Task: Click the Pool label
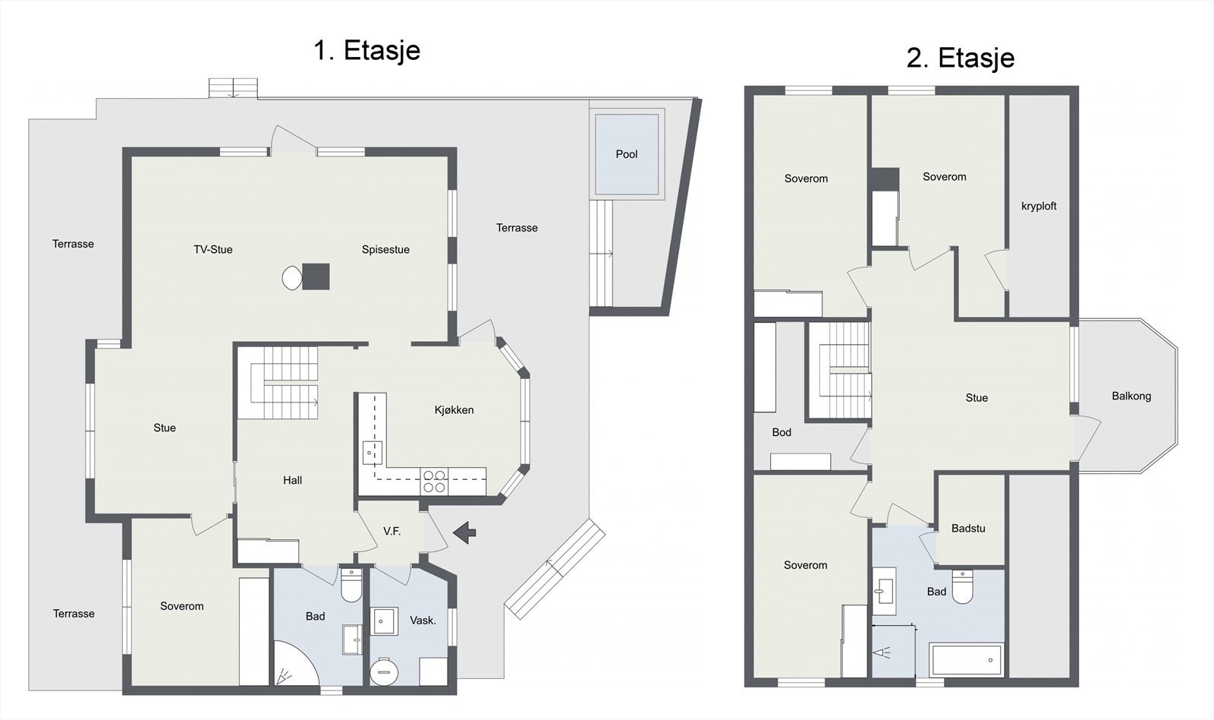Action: click(627, 154)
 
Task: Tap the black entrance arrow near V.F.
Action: click(464, 532)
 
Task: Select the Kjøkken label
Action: click(454, 410)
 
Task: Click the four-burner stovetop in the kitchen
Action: click(435, 482)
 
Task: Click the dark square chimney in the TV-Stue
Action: click(316, 276)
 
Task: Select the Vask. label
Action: click(423, 621)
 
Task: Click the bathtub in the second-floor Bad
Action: click(967, 660)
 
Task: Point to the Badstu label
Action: click(968, 529)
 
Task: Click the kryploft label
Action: click(1039, 206)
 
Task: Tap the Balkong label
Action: click(1131, 396)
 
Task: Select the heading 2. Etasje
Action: click(961, 58)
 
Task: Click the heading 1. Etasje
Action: click(367, 50)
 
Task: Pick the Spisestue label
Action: click(386, 250)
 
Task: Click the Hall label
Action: click(293, 480)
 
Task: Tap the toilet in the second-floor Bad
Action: click(963, 586)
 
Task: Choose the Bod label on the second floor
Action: click(782, 432)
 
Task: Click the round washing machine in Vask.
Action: click(384, 671)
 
